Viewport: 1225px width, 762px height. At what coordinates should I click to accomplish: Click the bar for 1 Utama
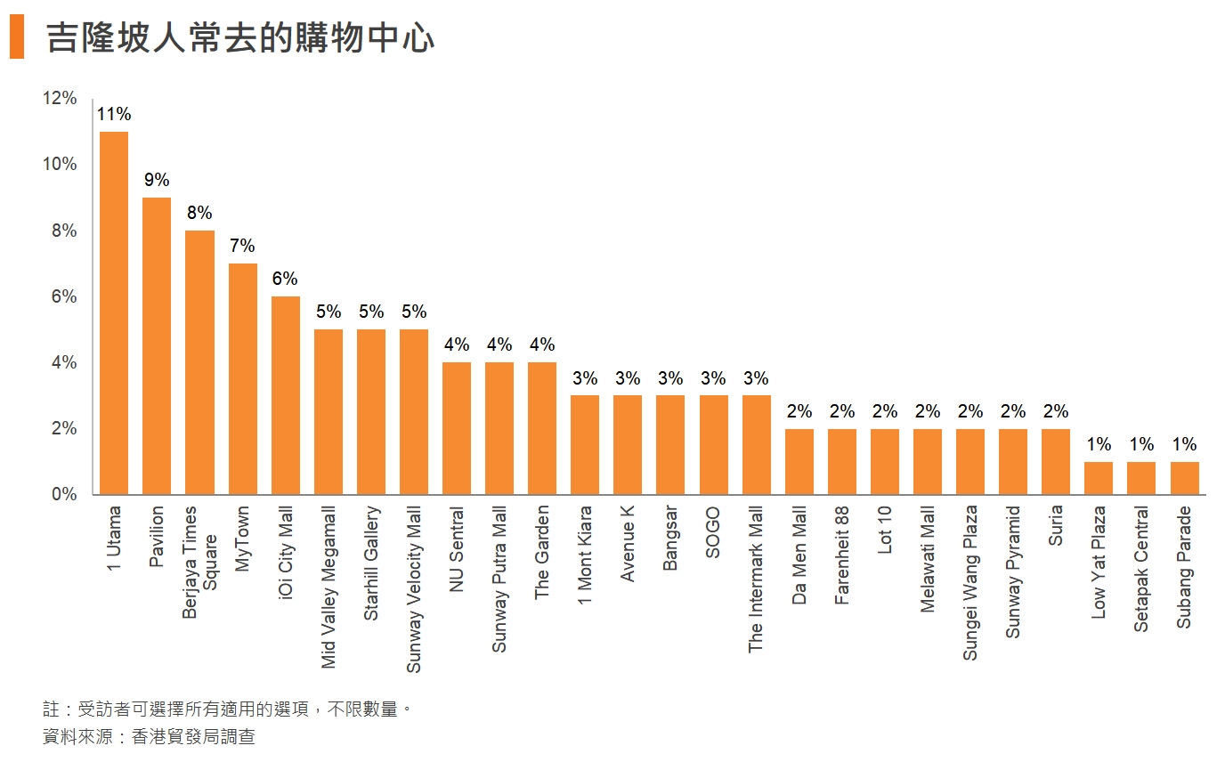(114, 312)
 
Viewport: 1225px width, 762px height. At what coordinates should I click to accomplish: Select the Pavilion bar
(157, 345)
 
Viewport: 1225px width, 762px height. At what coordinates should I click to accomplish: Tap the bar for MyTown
(242, 378)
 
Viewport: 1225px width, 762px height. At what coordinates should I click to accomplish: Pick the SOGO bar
(713, 444)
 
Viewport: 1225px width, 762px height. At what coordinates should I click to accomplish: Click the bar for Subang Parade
(1184, 477)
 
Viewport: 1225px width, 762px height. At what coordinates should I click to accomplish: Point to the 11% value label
(114, 114)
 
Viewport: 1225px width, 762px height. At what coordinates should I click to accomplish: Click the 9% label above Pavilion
(157, 180)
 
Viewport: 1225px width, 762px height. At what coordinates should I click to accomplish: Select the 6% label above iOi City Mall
(285, 279)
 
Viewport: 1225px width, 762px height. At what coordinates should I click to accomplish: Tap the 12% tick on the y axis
(61, 98)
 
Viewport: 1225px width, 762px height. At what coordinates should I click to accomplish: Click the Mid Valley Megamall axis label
(329, 588)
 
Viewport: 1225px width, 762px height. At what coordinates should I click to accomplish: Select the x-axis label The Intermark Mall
(756, 580)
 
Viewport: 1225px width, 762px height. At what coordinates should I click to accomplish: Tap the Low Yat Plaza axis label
(1099, 563)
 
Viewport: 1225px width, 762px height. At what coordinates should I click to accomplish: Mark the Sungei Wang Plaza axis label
(970, 583)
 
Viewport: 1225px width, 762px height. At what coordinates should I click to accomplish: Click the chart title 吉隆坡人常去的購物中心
(240, 39)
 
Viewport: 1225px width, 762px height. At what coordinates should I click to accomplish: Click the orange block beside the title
(17, 39)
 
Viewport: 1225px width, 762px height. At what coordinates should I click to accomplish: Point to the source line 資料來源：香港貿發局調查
(149, 737)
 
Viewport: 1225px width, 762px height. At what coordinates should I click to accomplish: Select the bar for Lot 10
(884, 461)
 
